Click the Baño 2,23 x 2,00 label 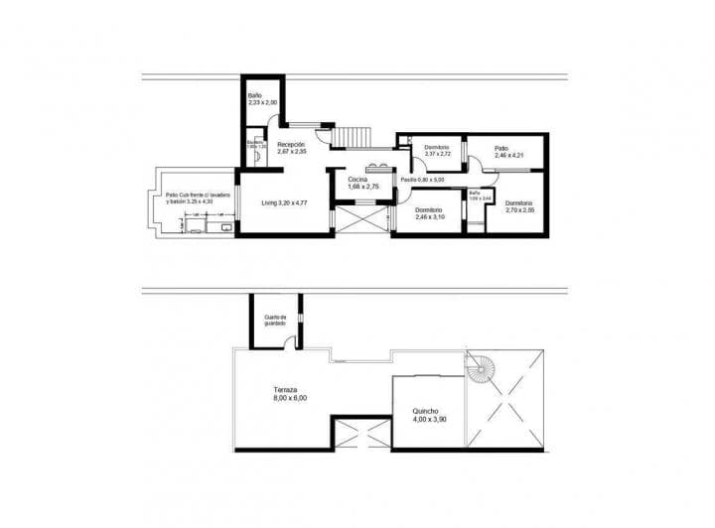tap(262, 99)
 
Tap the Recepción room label tap(291, 148)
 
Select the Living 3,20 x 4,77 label tap(283, 202)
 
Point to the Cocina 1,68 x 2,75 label tap(363, 183)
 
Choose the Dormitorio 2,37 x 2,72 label tap(437, 151)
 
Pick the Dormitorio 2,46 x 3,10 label tap(429, 213)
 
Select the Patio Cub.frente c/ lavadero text tap(199, 198)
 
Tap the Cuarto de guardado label tap(275, 321)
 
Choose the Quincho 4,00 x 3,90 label tap(429, 416)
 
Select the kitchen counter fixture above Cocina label tap(377, 168)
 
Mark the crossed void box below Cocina tap(359, 216)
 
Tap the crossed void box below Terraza tap(360, 435)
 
